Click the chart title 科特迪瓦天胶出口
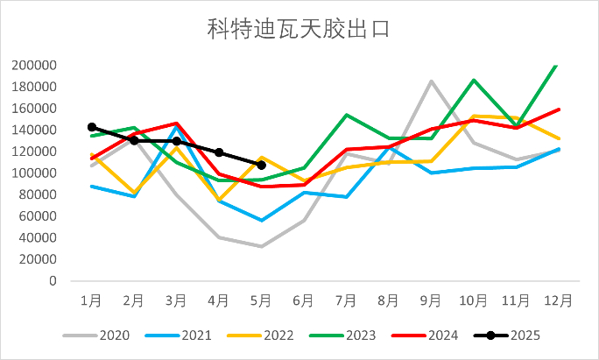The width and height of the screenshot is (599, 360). (x=299, y=30)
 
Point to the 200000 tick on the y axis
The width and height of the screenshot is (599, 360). (x=34, y=66)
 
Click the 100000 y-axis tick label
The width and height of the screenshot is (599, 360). (x=34, y=173)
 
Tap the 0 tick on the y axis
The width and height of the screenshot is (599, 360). (x=53, y=281)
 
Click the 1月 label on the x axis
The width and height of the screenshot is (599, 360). (x=92, y=300)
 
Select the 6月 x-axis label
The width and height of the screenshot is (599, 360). (x=304, y=300)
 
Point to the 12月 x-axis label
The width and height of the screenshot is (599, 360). (x=559, y=300)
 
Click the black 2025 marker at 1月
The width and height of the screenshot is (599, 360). (x=92, y=127)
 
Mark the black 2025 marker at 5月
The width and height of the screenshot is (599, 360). (x=262, y=165)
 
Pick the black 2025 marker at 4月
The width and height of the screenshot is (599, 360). (x=219, y=152)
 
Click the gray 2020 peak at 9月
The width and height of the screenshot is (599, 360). (x=432, y=81)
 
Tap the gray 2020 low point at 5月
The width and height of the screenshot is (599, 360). (x=262, y=246)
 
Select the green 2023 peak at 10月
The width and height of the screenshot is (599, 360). (x=474, y=81)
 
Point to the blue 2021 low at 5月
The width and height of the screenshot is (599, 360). (x=262, y=220)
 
